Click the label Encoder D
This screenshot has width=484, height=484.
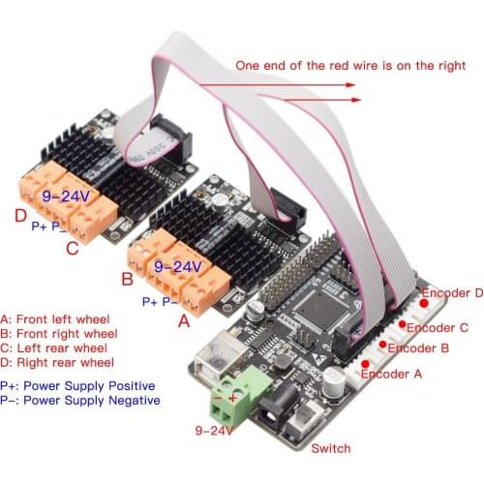450,291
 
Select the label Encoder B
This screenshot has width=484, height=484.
418,348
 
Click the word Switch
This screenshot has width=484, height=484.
331,448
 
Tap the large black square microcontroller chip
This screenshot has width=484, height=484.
323,311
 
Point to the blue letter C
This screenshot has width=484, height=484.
71,247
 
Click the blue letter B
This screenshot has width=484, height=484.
126,282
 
